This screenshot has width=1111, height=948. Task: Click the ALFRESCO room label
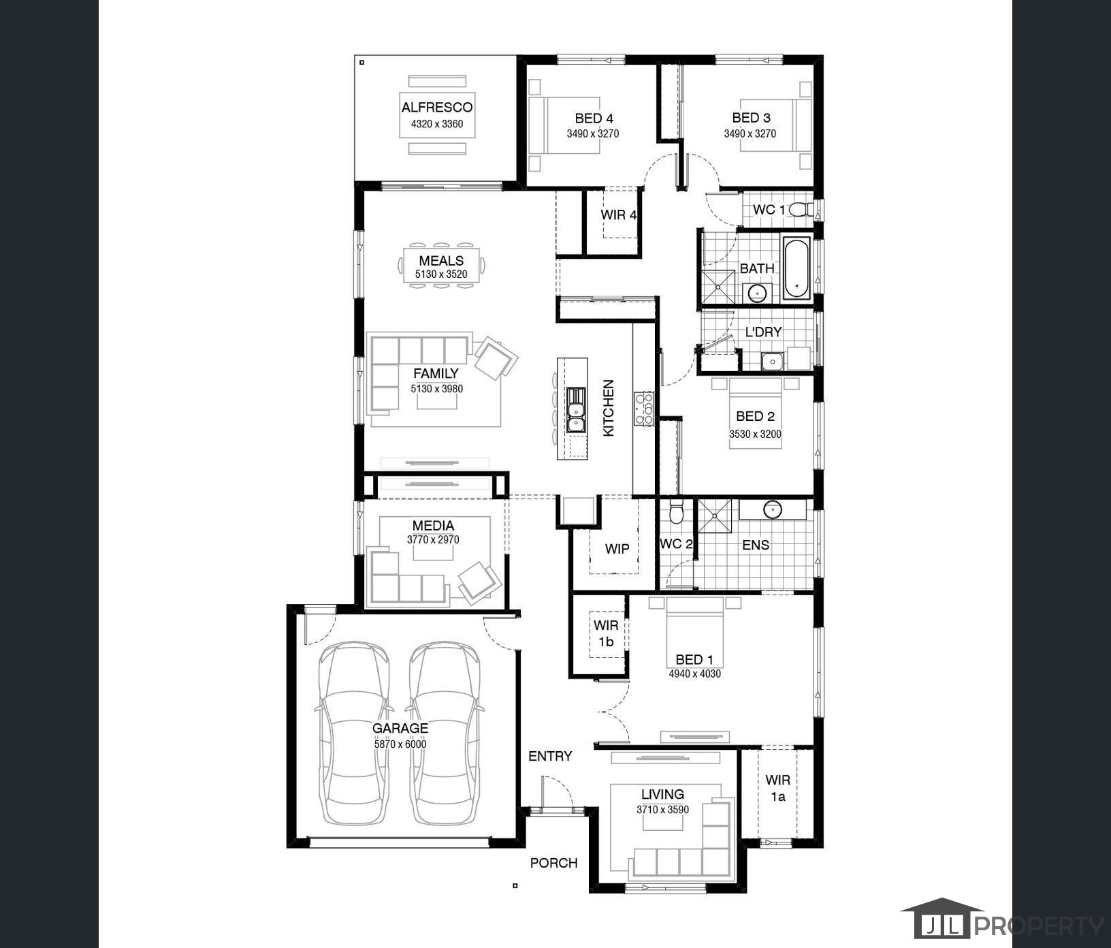436,108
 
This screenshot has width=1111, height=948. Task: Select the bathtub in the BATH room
796,268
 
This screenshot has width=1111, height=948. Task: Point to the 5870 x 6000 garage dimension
400,744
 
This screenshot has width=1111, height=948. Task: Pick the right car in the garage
444,733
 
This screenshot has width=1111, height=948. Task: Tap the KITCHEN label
609,408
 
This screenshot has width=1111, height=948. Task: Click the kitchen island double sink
577,409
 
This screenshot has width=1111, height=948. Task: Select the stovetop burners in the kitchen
644,409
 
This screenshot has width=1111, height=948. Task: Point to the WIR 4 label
619,215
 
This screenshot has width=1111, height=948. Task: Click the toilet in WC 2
676,511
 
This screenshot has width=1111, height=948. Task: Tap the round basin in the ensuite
773,509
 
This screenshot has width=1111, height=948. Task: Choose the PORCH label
553,863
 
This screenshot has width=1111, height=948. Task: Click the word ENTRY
550,756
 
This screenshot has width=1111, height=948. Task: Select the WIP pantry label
617,549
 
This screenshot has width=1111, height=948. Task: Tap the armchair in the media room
480,582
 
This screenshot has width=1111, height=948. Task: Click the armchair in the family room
496,357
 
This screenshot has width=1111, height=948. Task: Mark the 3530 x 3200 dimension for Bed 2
755,434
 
